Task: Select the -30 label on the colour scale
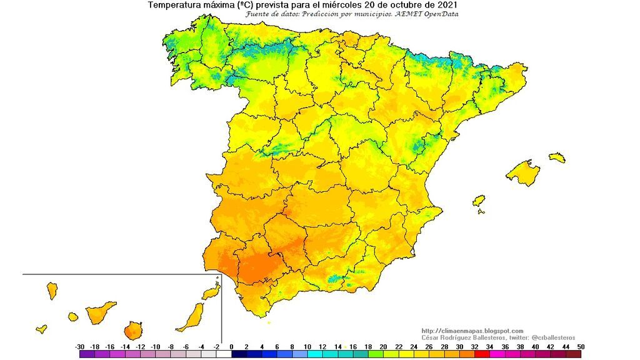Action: pos(80,346)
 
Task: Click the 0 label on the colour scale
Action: pos(231,346)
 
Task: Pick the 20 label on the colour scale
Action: pos(383,346)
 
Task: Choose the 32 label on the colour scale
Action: pos(474,346)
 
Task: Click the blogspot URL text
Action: pos(472,331)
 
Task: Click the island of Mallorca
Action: pos(524,172)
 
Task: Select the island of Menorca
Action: pos(557,157)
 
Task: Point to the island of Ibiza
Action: pos(479,201)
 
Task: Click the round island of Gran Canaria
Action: pos(132,330)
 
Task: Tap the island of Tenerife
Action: pos(100,312)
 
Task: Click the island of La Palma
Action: pos(52,290)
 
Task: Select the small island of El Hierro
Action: pos(41,328)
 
